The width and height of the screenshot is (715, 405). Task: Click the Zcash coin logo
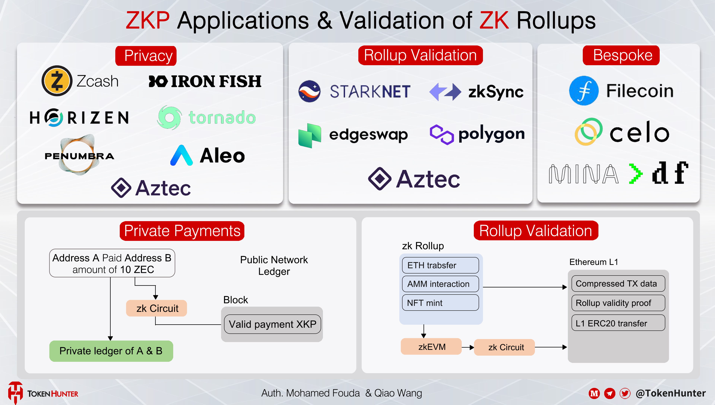click(x=57, y=81)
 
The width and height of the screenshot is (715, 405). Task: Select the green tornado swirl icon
click(x=169, y=117)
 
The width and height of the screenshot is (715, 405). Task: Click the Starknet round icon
click(x=309, y=91)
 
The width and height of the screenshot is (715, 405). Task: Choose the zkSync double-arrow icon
click(x=445, y=92)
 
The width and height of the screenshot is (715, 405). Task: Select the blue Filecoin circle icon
click(x=584, y=91)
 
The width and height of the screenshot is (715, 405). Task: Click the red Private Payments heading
click(x=182, y=231)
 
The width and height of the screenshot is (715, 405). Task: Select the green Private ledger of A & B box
click(x=111, y=351)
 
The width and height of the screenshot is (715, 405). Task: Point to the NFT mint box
click(x=440, y=303)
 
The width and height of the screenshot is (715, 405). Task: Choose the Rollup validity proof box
click(x=618, y=303)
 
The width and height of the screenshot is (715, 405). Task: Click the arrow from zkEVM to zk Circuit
click(x=468, y=347)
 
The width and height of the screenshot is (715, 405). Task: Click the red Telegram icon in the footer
click(x=610, y=393)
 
